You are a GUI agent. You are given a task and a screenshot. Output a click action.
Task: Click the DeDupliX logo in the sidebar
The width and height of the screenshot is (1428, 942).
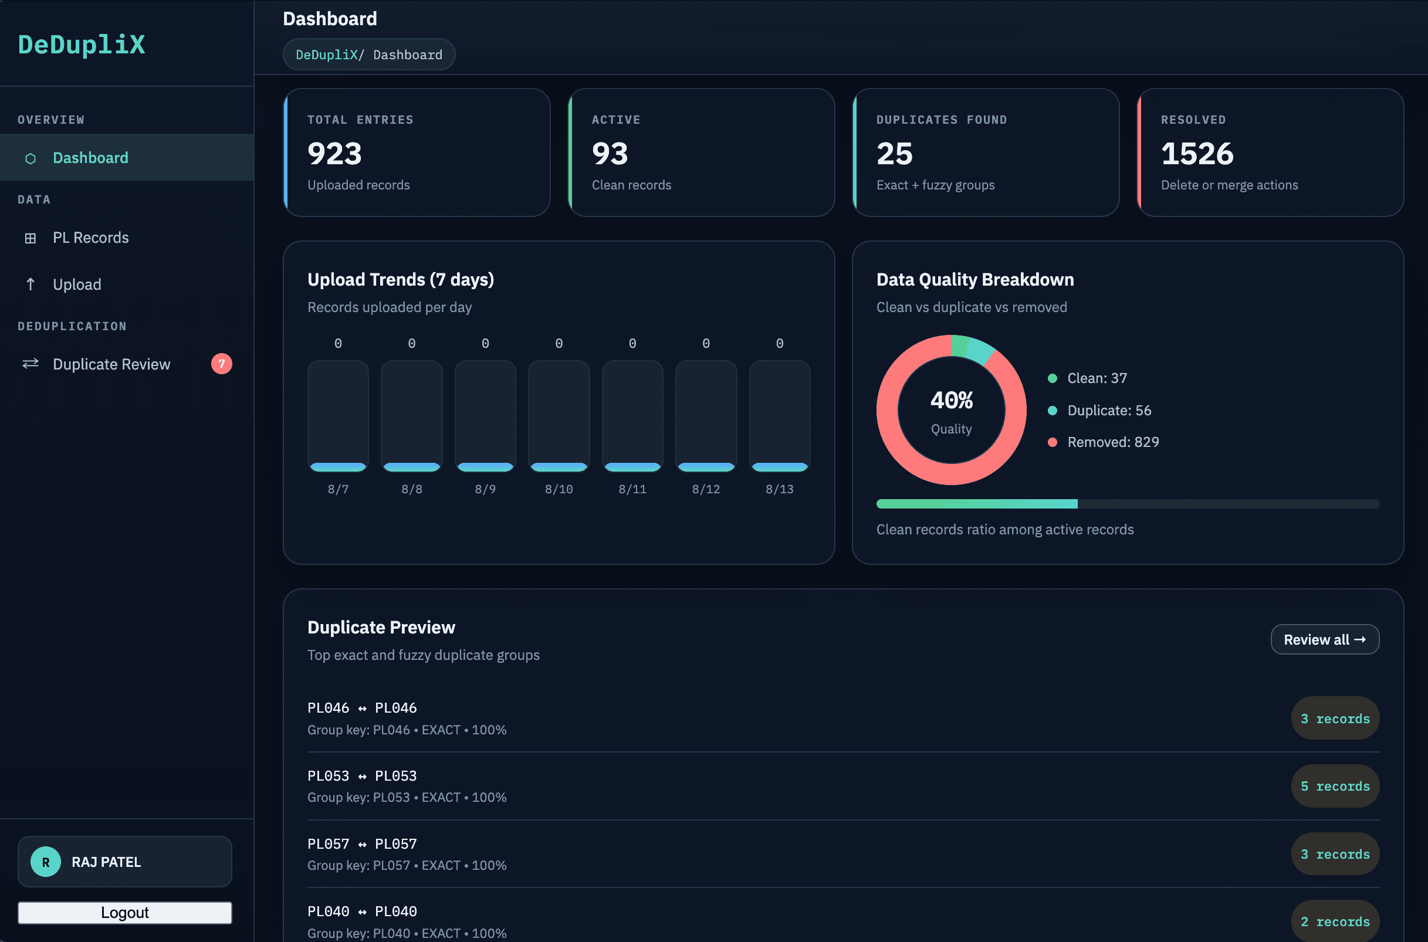(82, 45)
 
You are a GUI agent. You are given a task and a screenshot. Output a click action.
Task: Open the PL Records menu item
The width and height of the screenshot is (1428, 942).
(91, 238)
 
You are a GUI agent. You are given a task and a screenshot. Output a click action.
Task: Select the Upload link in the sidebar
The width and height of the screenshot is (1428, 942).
(77, 284)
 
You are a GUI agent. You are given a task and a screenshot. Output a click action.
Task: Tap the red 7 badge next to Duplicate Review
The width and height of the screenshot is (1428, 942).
(222, 364)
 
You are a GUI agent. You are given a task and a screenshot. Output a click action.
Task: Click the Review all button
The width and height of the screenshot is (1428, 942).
(1325, 639)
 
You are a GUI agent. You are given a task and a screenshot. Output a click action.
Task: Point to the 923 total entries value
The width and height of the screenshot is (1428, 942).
(334, 153)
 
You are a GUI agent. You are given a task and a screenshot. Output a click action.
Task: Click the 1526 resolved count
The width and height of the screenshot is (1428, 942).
(1197, 153)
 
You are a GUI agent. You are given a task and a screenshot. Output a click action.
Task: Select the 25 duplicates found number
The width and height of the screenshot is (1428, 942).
(895, 153)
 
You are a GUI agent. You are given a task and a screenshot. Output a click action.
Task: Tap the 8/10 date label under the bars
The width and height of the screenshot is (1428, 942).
(559, 489)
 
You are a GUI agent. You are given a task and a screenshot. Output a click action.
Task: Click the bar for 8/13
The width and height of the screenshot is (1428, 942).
(780, 416)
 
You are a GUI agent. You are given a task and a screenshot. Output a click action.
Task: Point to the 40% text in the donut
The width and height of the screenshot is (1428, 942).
(952, 400)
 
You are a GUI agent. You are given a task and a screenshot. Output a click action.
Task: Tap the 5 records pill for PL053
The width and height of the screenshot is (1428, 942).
(1335, 786)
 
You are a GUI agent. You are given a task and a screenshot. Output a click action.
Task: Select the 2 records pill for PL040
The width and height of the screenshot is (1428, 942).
(1335, 921)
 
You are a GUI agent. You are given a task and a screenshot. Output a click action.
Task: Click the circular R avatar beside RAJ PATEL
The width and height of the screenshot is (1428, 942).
(46, 862)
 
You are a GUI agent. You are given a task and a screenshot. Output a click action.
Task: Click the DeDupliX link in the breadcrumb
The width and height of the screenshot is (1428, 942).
(327, 55)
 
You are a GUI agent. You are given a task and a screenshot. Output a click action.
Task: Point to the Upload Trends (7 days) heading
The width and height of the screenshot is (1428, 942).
(401, 279)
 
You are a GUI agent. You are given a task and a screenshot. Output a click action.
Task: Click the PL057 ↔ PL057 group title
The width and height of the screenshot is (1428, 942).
(362, 843)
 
